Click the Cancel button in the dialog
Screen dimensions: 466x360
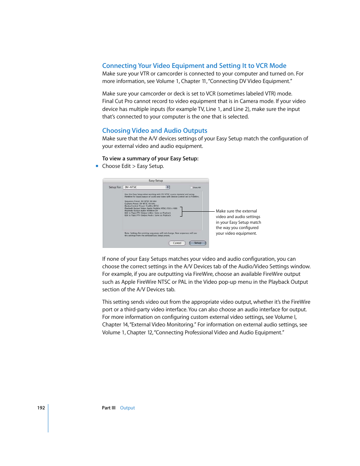tap(177, 243)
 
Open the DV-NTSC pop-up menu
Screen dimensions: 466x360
tap(146, 187)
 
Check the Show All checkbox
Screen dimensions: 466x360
tap(192, 188)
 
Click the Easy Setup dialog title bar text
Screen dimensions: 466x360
tap(155, 181)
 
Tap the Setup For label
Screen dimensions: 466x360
tap(115, 187)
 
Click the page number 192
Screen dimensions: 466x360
tap(41, 408)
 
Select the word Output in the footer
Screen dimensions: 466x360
tap(127, 408)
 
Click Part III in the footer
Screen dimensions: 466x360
tap(109, 408)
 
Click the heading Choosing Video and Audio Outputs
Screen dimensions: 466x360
tap(155, 131)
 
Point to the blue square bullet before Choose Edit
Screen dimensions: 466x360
tap(97, 166)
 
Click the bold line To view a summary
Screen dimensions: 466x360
tap(150, 158)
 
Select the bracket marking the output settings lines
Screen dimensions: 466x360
tap(182, 211)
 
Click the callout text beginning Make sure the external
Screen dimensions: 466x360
tap(236, 211)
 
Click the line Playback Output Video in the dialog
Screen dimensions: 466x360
tap(151, 208)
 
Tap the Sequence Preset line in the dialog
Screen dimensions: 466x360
tap(140, 201)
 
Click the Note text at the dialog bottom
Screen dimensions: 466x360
tap(160, 234)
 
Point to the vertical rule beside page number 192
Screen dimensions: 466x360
tap(48, 418)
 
